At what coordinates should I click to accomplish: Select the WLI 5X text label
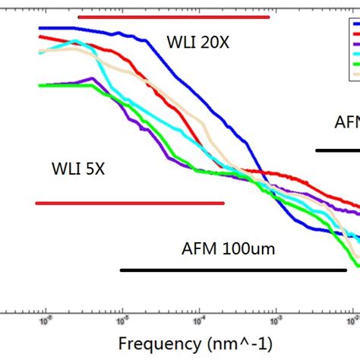[78, 168]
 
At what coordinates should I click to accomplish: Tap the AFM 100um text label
[228, 248]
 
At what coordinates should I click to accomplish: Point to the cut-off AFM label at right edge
[346, 122]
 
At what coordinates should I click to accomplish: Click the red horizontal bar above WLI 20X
[173, 16]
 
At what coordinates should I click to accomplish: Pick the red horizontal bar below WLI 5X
[130, 203]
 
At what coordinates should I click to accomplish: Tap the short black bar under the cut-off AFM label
[337, 150]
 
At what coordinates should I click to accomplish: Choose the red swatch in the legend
[353, 33]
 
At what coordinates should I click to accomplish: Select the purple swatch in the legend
[353, 44]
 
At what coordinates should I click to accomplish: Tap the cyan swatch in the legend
[353, 55]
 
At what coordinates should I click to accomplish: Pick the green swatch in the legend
[353, 65]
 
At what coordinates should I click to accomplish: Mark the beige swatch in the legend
[353, 75]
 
